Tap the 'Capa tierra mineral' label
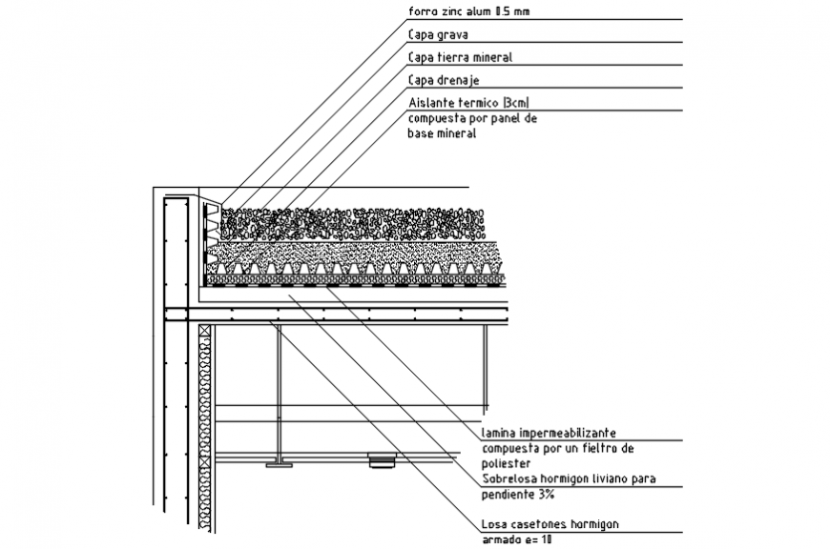[460, 57]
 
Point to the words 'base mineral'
[442, 134]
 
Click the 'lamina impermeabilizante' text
[549, 432]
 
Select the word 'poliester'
[506, 462]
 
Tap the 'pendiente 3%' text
[518, 494]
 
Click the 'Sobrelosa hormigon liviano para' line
[568, 478]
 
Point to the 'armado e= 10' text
[517, 539]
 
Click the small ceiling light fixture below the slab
[382, 462]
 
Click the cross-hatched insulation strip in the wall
[204, 429]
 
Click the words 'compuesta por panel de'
[473, 119]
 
